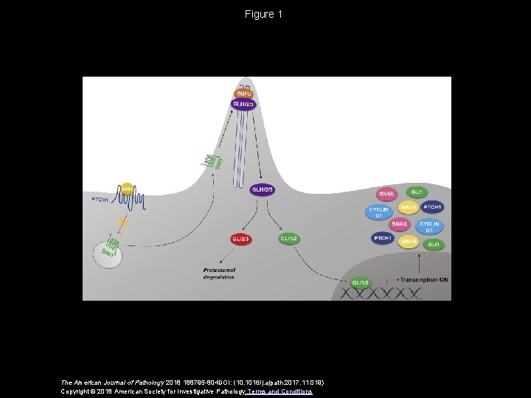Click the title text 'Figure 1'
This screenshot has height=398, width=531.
tap(264, 14)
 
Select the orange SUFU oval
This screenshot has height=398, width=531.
tap(243, 94)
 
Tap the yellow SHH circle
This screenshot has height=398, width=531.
tap(127, 189)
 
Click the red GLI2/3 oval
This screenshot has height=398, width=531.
tap(241, 238)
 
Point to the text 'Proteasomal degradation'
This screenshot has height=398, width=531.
tap(219, 274)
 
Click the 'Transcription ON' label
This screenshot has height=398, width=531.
tap(423, 280)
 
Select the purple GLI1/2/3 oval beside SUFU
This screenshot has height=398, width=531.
tap(243, 104)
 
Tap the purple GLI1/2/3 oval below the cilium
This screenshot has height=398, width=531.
tap(263, 189)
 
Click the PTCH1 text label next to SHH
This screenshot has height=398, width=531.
tap(100, 199)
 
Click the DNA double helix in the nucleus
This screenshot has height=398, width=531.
tap(383, 293)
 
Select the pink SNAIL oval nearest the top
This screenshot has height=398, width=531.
tap(387, 194)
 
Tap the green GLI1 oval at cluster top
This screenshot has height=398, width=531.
tap(416, 192)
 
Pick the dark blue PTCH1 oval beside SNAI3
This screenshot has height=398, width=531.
tap(432, 206)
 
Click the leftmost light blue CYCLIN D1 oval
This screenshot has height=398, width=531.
tap(378, 212)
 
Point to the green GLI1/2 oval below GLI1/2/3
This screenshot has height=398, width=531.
tap(288, 238)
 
